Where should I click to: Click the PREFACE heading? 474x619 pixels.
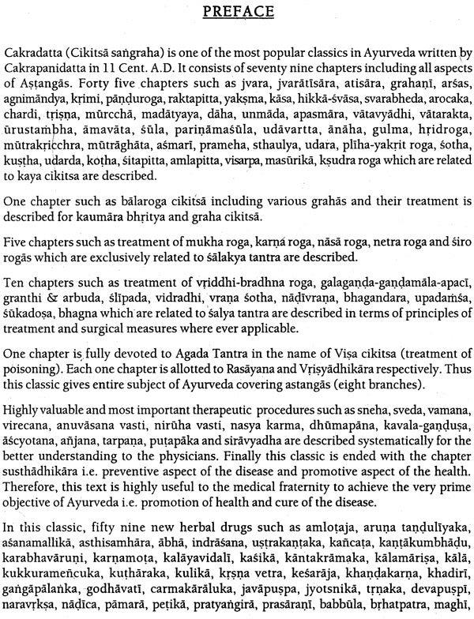click(236, 13)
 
